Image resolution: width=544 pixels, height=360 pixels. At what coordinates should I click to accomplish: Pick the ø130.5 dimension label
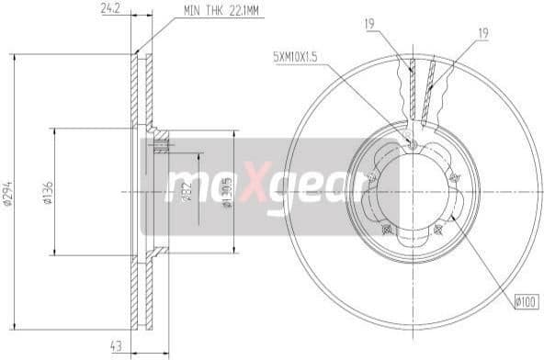227,194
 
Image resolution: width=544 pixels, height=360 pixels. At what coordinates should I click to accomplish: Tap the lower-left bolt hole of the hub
386,229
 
